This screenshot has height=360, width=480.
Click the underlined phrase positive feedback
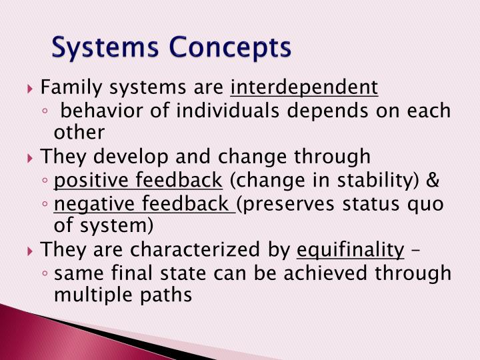point(138,180)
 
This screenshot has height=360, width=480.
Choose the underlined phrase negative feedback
point(143,203)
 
